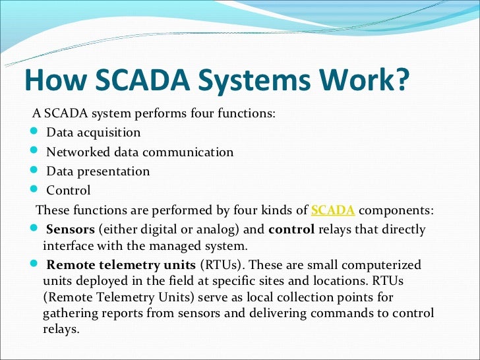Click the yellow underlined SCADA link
pyautogui.click(x=333, y=210)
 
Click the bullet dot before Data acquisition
pyautogui.click(x=35, y=133)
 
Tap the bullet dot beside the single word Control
pyautogui.click(x=35, y=191)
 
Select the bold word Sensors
pyautogui.click(x=69, y=230)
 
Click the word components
pyautogui.click(x=396, y=210)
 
